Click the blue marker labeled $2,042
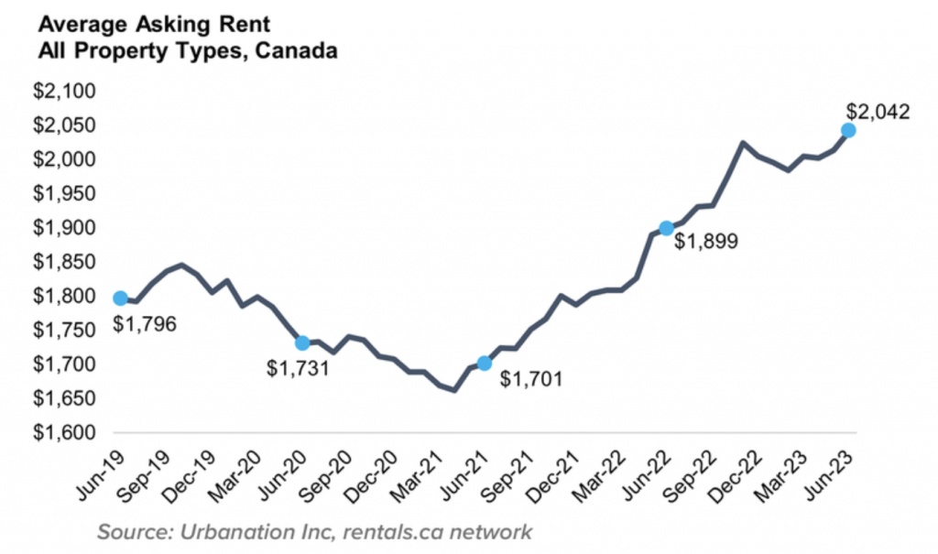(x=848, y=130)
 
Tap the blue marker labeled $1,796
(x=120, y=298)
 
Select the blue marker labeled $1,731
(x=302, y=342)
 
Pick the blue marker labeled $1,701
(x=485, y=364)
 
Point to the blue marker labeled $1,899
(x=667, y=228)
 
